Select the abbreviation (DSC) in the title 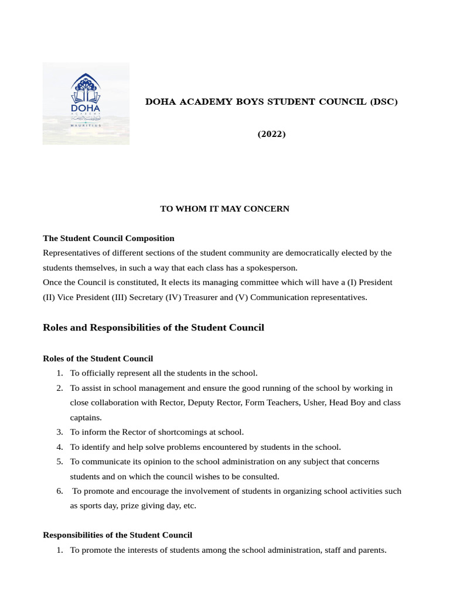coord(383,102)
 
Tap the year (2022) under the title coord(271,135)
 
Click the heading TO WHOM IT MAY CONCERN coord(224,209)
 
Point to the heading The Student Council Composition coord(108,238)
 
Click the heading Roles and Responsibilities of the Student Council coord(154,328)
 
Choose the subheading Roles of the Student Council coord(98,358)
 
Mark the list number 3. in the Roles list coord(60,432)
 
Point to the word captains coord(86,418)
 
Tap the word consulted coord(259,476)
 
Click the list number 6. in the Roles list coord(60,491)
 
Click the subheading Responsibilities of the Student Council coord(117,535)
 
